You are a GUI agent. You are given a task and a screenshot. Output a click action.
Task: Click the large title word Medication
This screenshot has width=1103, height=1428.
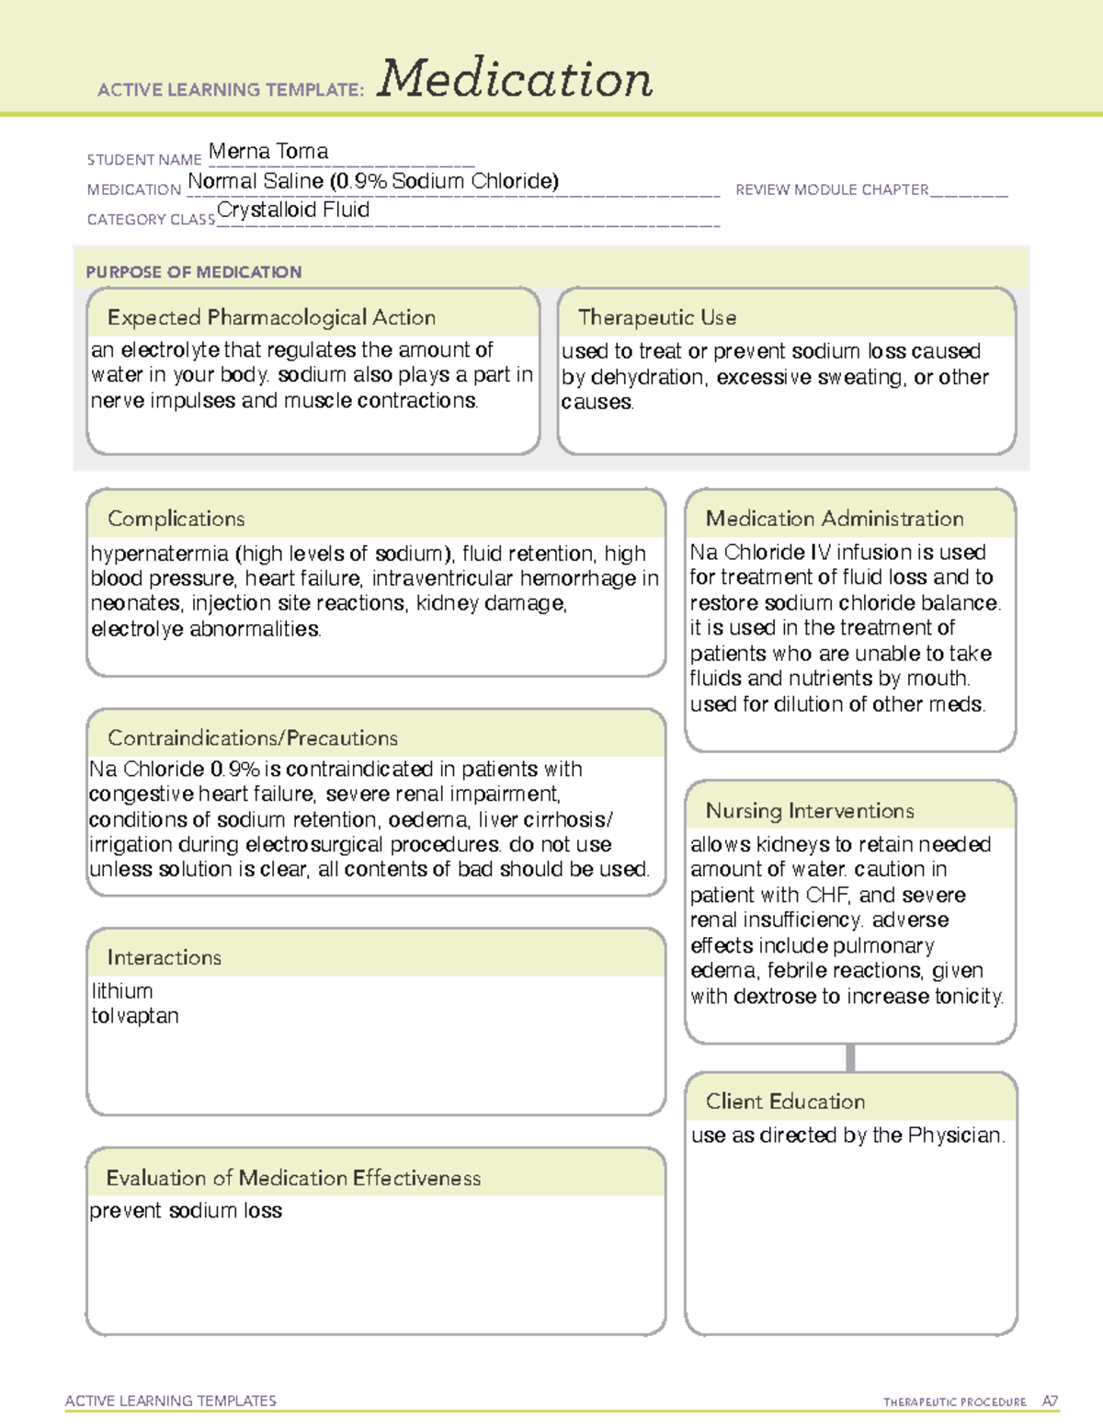pos(515,79)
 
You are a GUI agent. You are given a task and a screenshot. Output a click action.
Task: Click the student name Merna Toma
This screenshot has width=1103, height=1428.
pos(267,152)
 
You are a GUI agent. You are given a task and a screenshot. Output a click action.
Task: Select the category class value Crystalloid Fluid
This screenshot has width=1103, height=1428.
pos(293,211)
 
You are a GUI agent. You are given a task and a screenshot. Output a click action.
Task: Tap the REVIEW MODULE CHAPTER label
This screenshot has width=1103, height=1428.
pos(832,190)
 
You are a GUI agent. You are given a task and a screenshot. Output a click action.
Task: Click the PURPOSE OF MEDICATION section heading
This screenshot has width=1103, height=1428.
pos(194,272)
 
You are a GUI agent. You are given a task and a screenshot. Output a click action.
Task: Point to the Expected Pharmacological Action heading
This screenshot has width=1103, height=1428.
pos(271,318)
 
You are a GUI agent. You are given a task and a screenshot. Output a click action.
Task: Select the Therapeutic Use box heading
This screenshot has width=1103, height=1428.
pos(657,318)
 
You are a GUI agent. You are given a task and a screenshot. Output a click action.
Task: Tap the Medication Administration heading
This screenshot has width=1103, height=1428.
pos(835,520)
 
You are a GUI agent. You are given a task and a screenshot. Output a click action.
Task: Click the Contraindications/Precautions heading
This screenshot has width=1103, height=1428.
pos(253,738)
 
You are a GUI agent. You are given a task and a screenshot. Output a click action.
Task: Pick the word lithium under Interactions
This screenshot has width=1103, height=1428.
pos(122,991)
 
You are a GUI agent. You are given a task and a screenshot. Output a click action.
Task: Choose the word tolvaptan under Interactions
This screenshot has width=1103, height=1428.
pos(135,1016)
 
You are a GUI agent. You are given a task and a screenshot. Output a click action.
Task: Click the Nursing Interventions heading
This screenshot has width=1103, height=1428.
pos(810,811)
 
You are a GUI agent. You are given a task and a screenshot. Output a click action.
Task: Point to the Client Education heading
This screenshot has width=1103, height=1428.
pos(785,1102)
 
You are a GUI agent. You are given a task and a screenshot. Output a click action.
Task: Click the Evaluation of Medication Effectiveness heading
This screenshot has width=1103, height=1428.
pos(293,1179)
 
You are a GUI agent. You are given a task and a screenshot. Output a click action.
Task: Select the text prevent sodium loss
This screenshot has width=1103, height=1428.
pos(186,1211)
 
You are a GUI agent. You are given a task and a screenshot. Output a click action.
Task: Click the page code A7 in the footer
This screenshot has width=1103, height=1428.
pos(1049,1401)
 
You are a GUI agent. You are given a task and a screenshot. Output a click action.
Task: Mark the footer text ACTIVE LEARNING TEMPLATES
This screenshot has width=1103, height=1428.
pos(171,1400)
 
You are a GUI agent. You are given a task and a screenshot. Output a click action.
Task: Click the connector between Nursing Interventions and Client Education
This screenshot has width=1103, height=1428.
pos(850,1058)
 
